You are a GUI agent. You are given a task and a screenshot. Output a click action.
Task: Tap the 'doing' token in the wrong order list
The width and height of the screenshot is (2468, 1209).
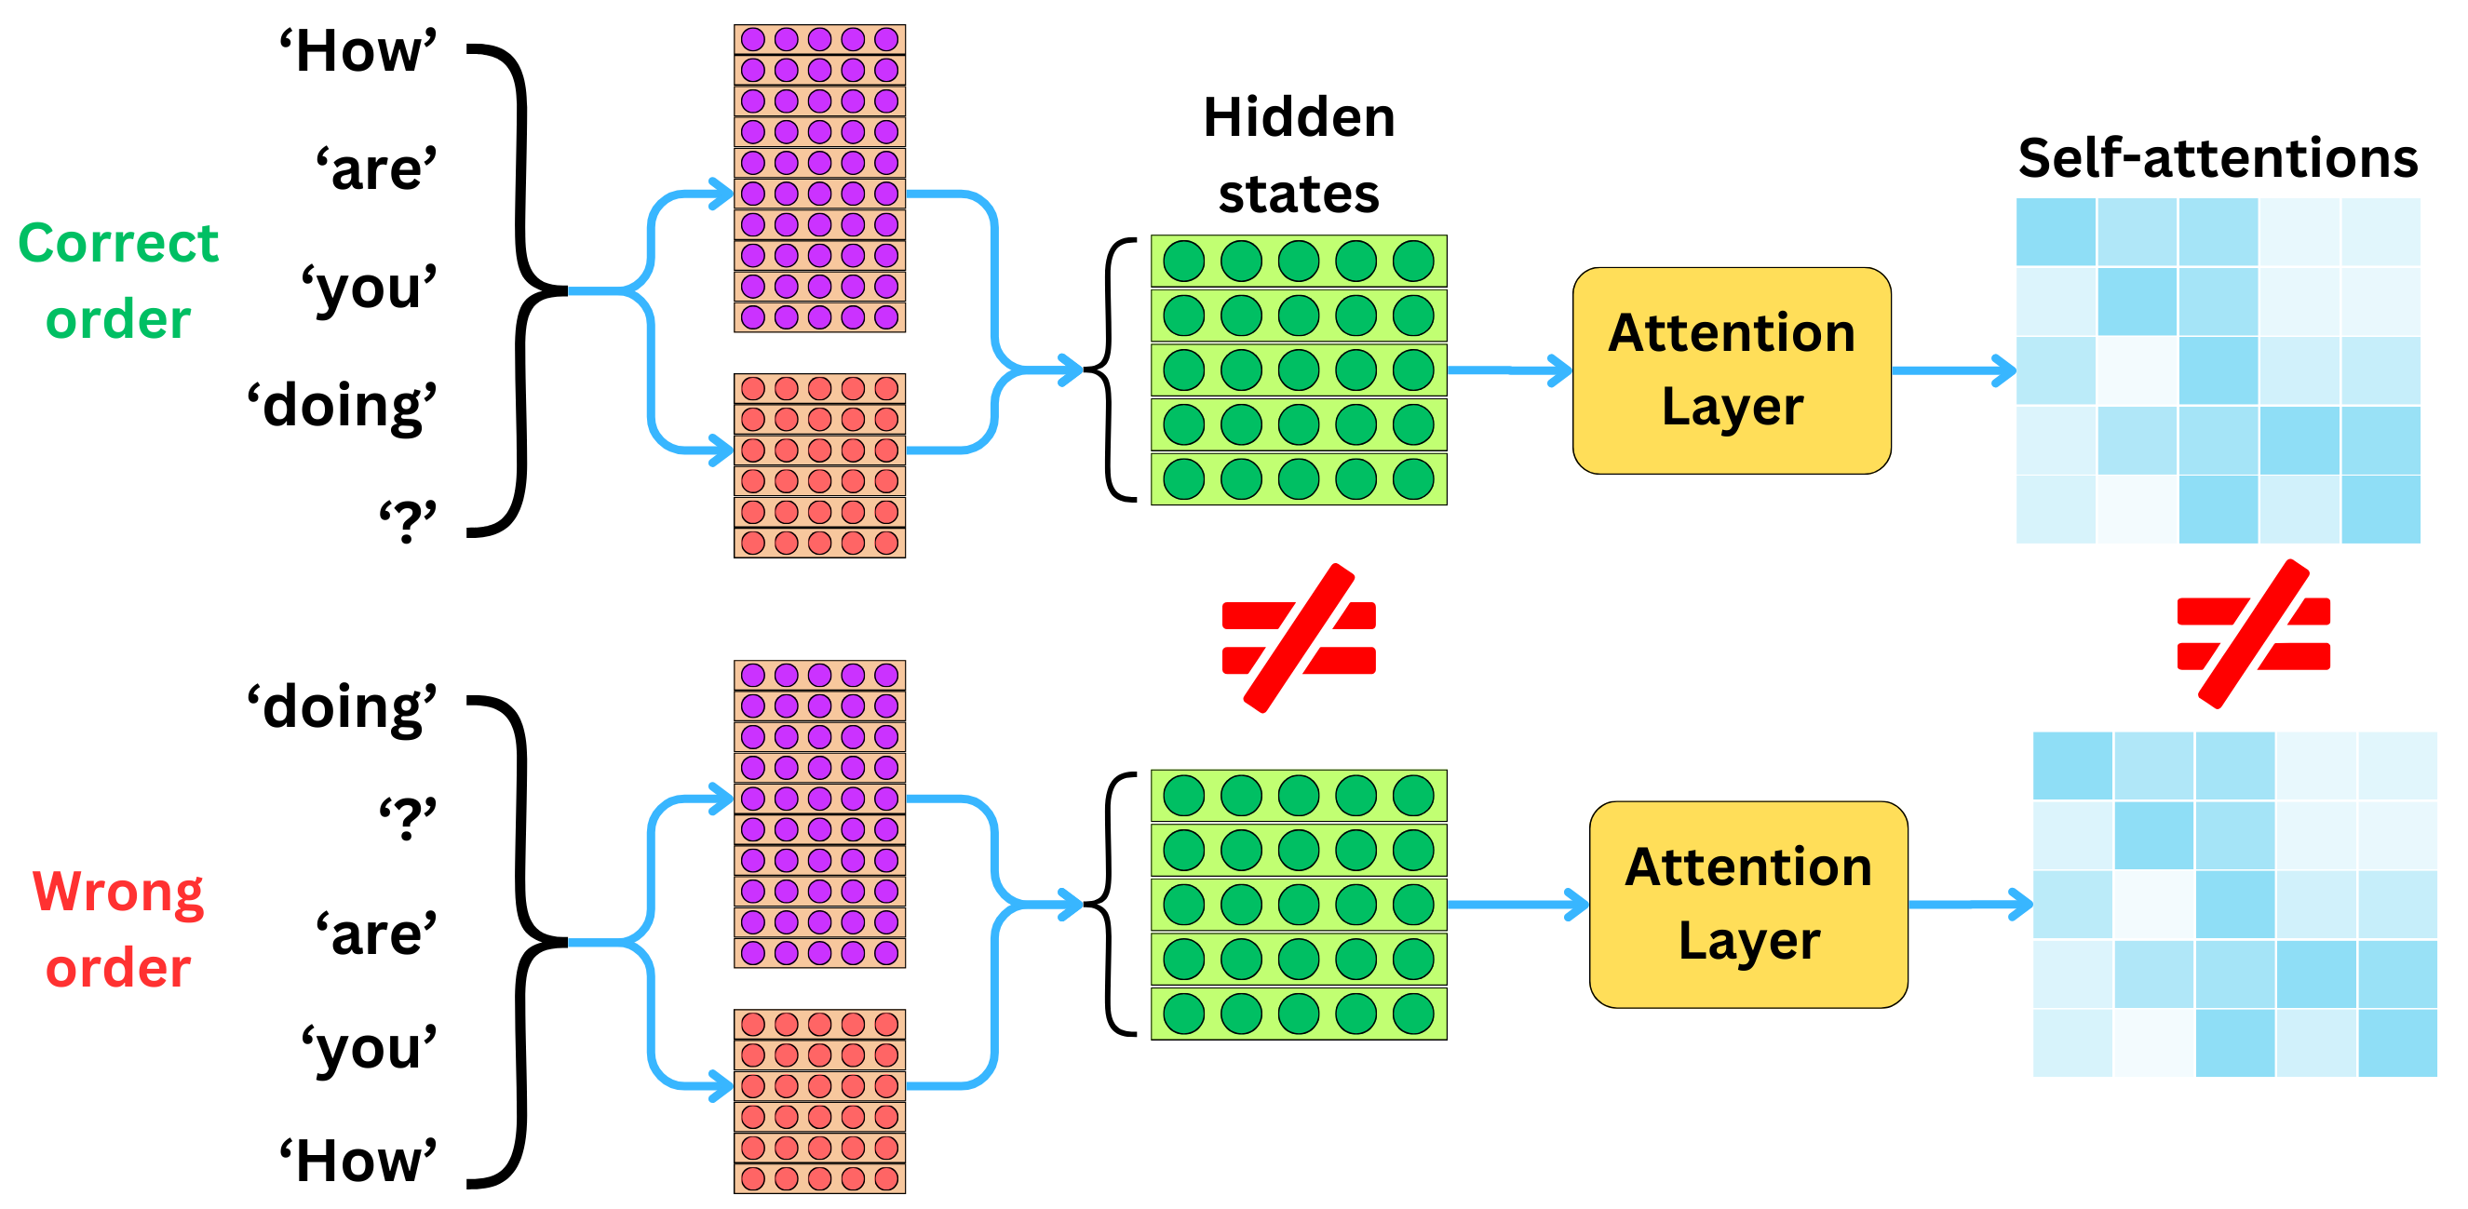(x=342, y=708)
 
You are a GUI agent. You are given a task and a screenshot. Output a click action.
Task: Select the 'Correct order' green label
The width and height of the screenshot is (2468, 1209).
(x=118, y=280)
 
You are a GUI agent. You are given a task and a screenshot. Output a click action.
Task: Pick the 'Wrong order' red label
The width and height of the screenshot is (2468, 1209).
(x=118, y=928)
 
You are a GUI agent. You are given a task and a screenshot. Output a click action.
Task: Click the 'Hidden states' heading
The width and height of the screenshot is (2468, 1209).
(x=1298, y=154)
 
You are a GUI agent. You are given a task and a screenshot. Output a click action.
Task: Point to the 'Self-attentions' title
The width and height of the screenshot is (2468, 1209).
(x=2217, y=158)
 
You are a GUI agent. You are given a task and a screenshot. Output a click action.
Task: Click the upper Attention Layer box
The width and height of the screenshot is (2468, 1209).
(x=1732, y=370)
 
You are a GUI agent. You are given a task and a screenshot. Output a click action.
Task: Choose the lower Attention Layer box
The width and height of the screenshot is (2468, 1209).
(x=1747, y=905)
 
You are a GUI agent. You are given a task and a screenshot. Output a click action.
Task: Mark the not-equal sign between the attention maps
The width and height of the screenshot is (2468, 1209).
(x=2252, y=634)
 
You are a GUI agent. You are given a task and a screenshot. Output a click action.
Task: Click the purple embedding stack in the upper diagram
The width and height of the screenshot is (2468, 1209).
(x=819, y=178)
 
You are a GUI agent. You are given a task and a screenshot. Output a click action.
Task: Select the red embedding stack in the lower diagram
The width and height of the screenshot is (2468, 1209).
(x=819, y=1100)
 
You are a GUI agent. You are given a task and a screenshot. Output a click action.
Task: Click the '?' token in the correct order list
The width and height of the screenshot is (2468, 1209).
(x=407, y=522)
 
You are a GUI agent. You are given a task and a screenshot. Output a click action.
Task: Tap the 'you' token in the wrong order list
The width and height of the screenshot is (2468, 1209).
(x=369, y=1046)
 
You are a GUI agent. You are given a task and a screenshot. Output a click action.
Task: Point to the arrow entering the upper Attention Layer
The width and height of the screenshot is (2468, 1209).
(x=1509, y=369)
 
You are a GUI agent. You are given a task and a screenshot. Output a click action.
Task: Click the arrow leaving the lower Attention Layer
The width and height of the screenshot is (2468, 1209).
(x=1970, y=904)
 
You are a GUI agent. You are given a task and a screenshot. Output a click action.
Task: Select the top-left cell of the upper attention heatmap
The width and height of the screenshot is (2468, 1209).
(x=2055, y=232)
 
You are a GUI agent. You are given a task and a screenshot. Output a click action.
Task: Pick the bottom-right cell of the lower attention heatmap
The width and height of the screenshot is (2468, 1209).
(x=2397, y=1042)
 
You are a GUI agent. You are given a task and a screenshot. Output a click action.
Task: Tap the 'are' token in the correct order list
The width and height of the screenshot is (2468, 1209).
(x=376, y=169)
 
